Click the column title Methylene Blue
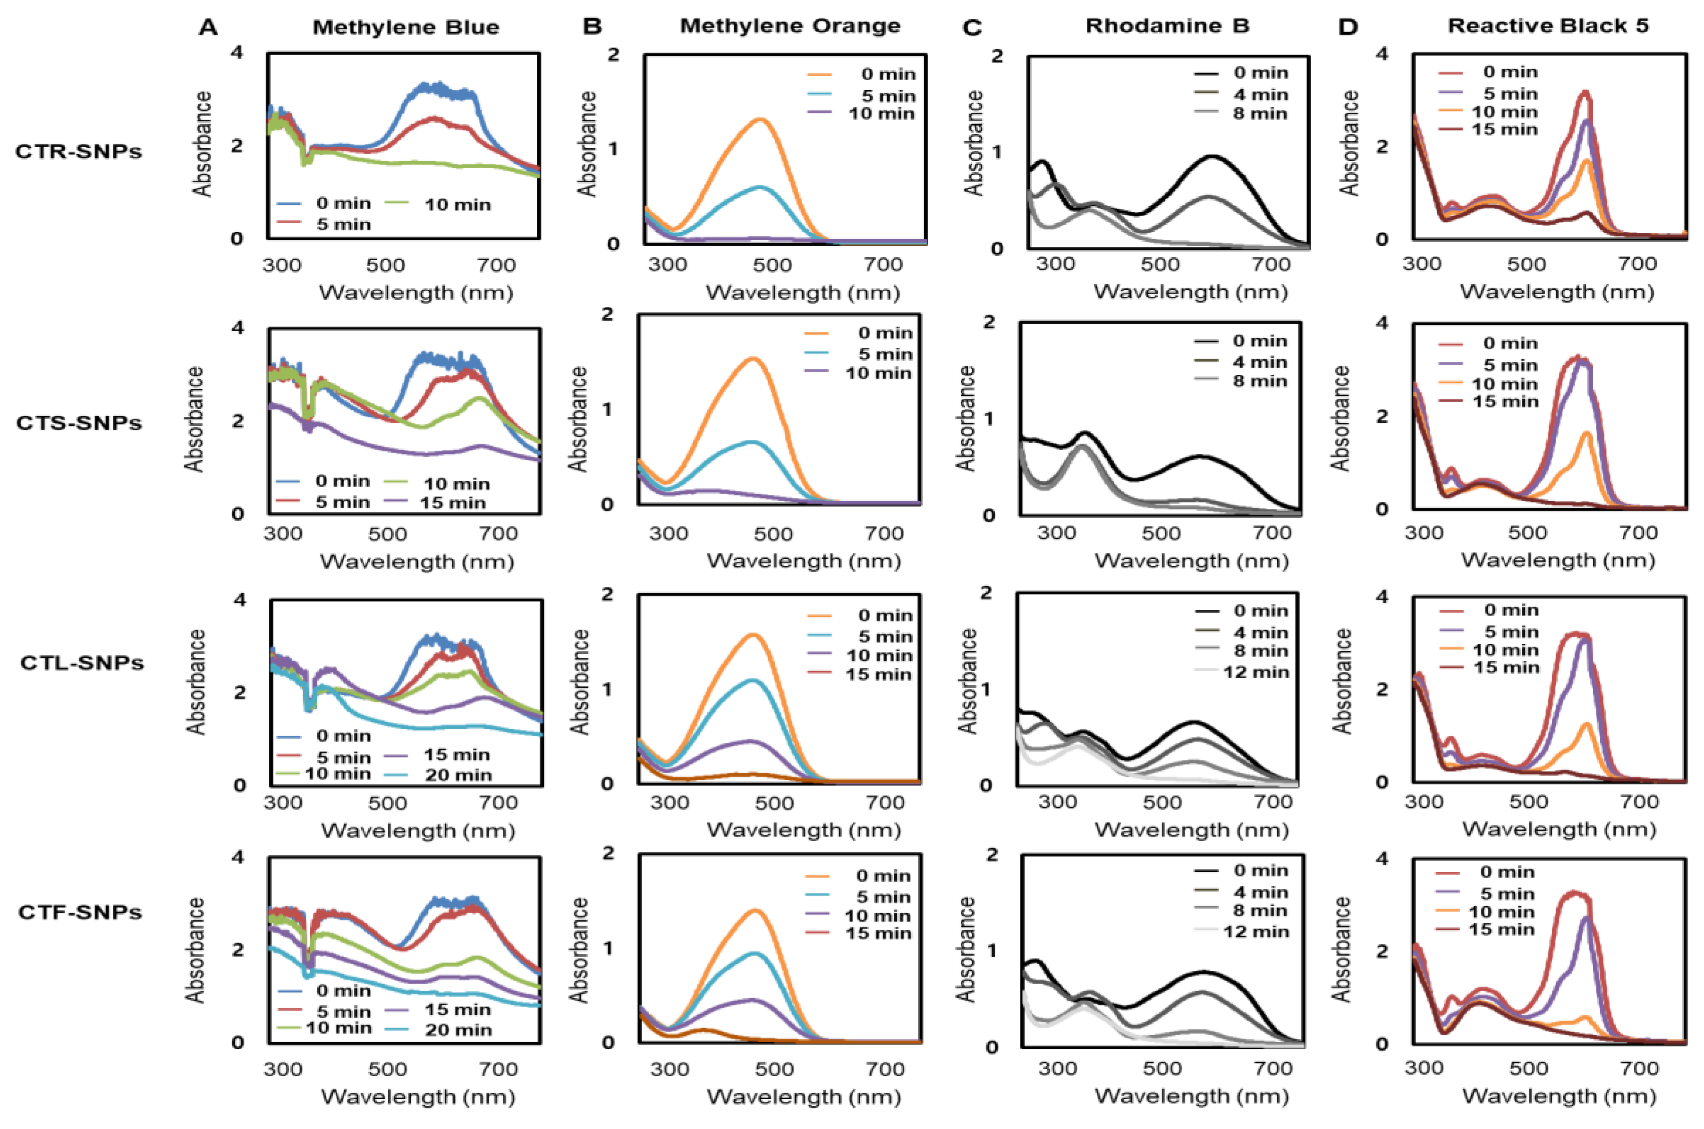(x=406, y=27)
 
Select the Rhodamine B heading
(x=1168, y=26)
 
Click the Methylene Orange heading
(x=790, y=26)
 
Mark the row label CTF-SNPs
(x=80, y=912)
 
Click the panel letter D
(x=1348, y=27)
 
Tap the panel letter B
(x=592, y=27)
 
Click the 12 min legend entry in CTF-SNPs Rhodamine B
(x=1255, y=932)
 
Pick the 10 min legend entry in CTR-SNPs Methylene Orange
(x=881, y=114)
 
